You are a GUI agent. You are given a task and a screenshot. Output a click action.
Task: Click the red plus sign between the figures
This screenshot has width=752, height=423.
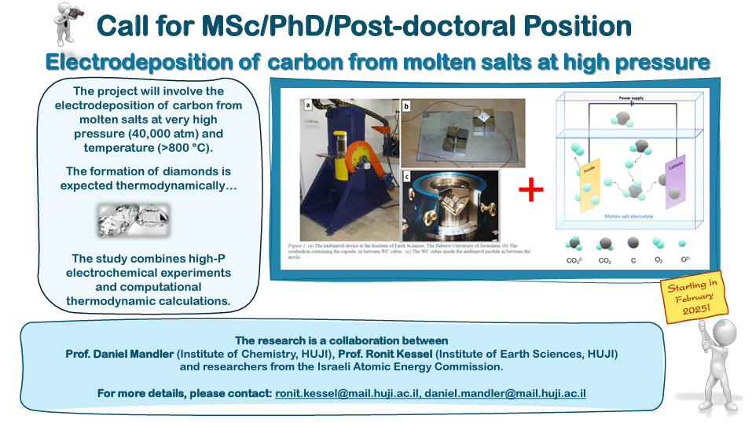(531, 189)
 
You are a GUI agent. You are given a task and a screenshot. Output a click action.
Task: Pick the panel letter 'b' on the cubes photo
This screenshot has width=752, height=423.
(406, 105)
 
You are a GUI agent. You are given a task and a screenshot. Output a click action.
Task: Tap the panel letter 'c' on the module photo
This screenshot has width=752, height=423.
(407, 178)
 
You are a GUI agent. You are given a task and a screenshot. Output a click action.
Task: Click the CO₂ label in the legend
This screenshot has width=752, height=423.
(605, 259)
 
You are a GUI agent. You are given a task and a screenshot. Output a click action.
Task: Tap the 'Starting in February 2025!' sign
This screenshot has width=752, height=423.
(691, 296)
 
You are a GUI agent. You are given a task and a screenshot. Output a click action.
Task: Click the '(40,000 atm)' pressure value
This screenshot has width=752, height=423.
(168, 134)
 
